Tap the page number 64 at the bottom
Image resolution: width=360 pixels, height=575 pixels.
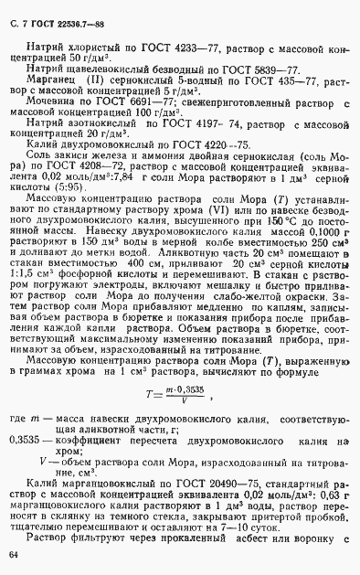tap(13, 555)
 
